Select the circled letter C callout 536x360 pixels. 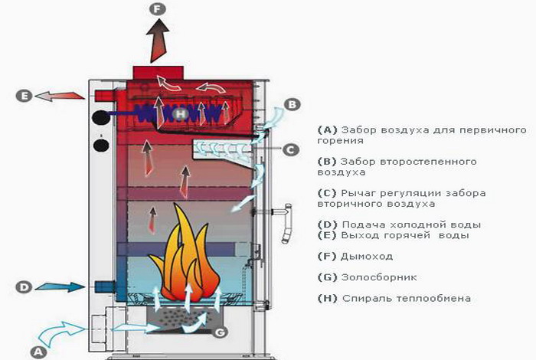click(x=290, y=150)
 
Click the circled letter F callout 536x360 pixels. click(x=158, y=10)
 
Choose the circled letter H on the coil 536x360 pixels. click(x=179, y=114)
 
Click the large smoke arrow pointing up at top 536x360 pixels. click(x=159, y=42)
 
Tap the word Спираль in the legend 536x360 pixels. click(x=364, y=298)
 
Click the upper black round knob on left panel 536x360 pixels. click(x=100, y=118)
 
